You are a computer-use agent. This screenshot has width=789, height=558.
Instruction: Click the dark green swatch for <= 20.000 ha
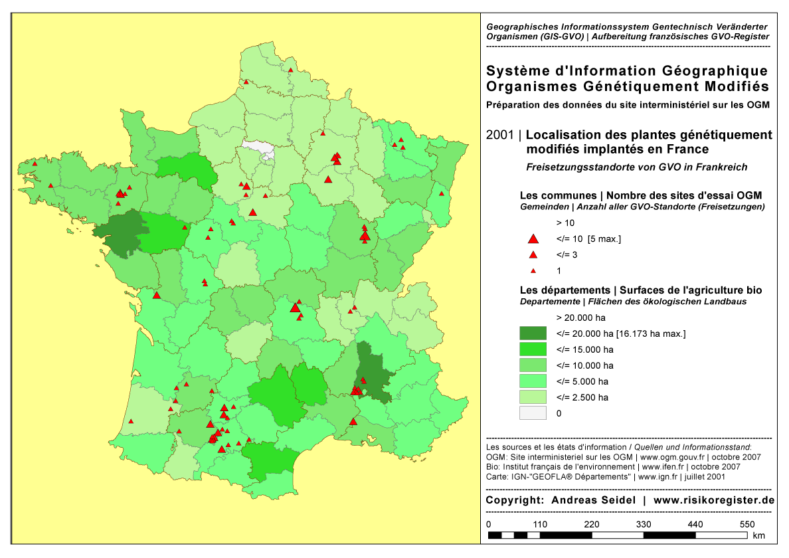(533, 333)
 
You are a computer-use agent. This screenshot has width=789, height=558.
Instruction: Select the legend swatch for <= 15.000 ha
(533, 349)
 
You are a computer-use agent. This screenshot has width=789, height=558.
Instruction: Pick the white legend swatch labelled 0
(533, 413)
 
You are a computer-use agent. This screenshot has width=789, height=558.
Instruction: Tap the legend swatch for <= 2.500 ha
(533, 397)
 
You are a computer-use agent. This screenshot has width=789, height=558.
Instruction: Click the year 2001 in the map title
(499, 136)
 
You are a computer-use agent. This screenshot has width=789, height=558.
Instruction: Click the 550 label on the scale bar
(747, 524)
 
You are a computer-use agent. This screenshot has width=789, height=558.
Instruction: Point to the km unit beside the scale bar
(759, 535)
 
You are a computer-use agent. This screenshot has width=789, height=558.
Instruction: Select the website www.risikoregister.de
(714, 500)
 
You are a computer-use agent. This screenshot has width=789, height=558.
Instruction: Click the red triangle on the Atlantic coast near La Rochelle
(157, 296)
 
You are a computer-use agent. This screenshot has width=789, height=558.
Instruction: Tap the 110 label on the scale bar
(540, 524)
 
